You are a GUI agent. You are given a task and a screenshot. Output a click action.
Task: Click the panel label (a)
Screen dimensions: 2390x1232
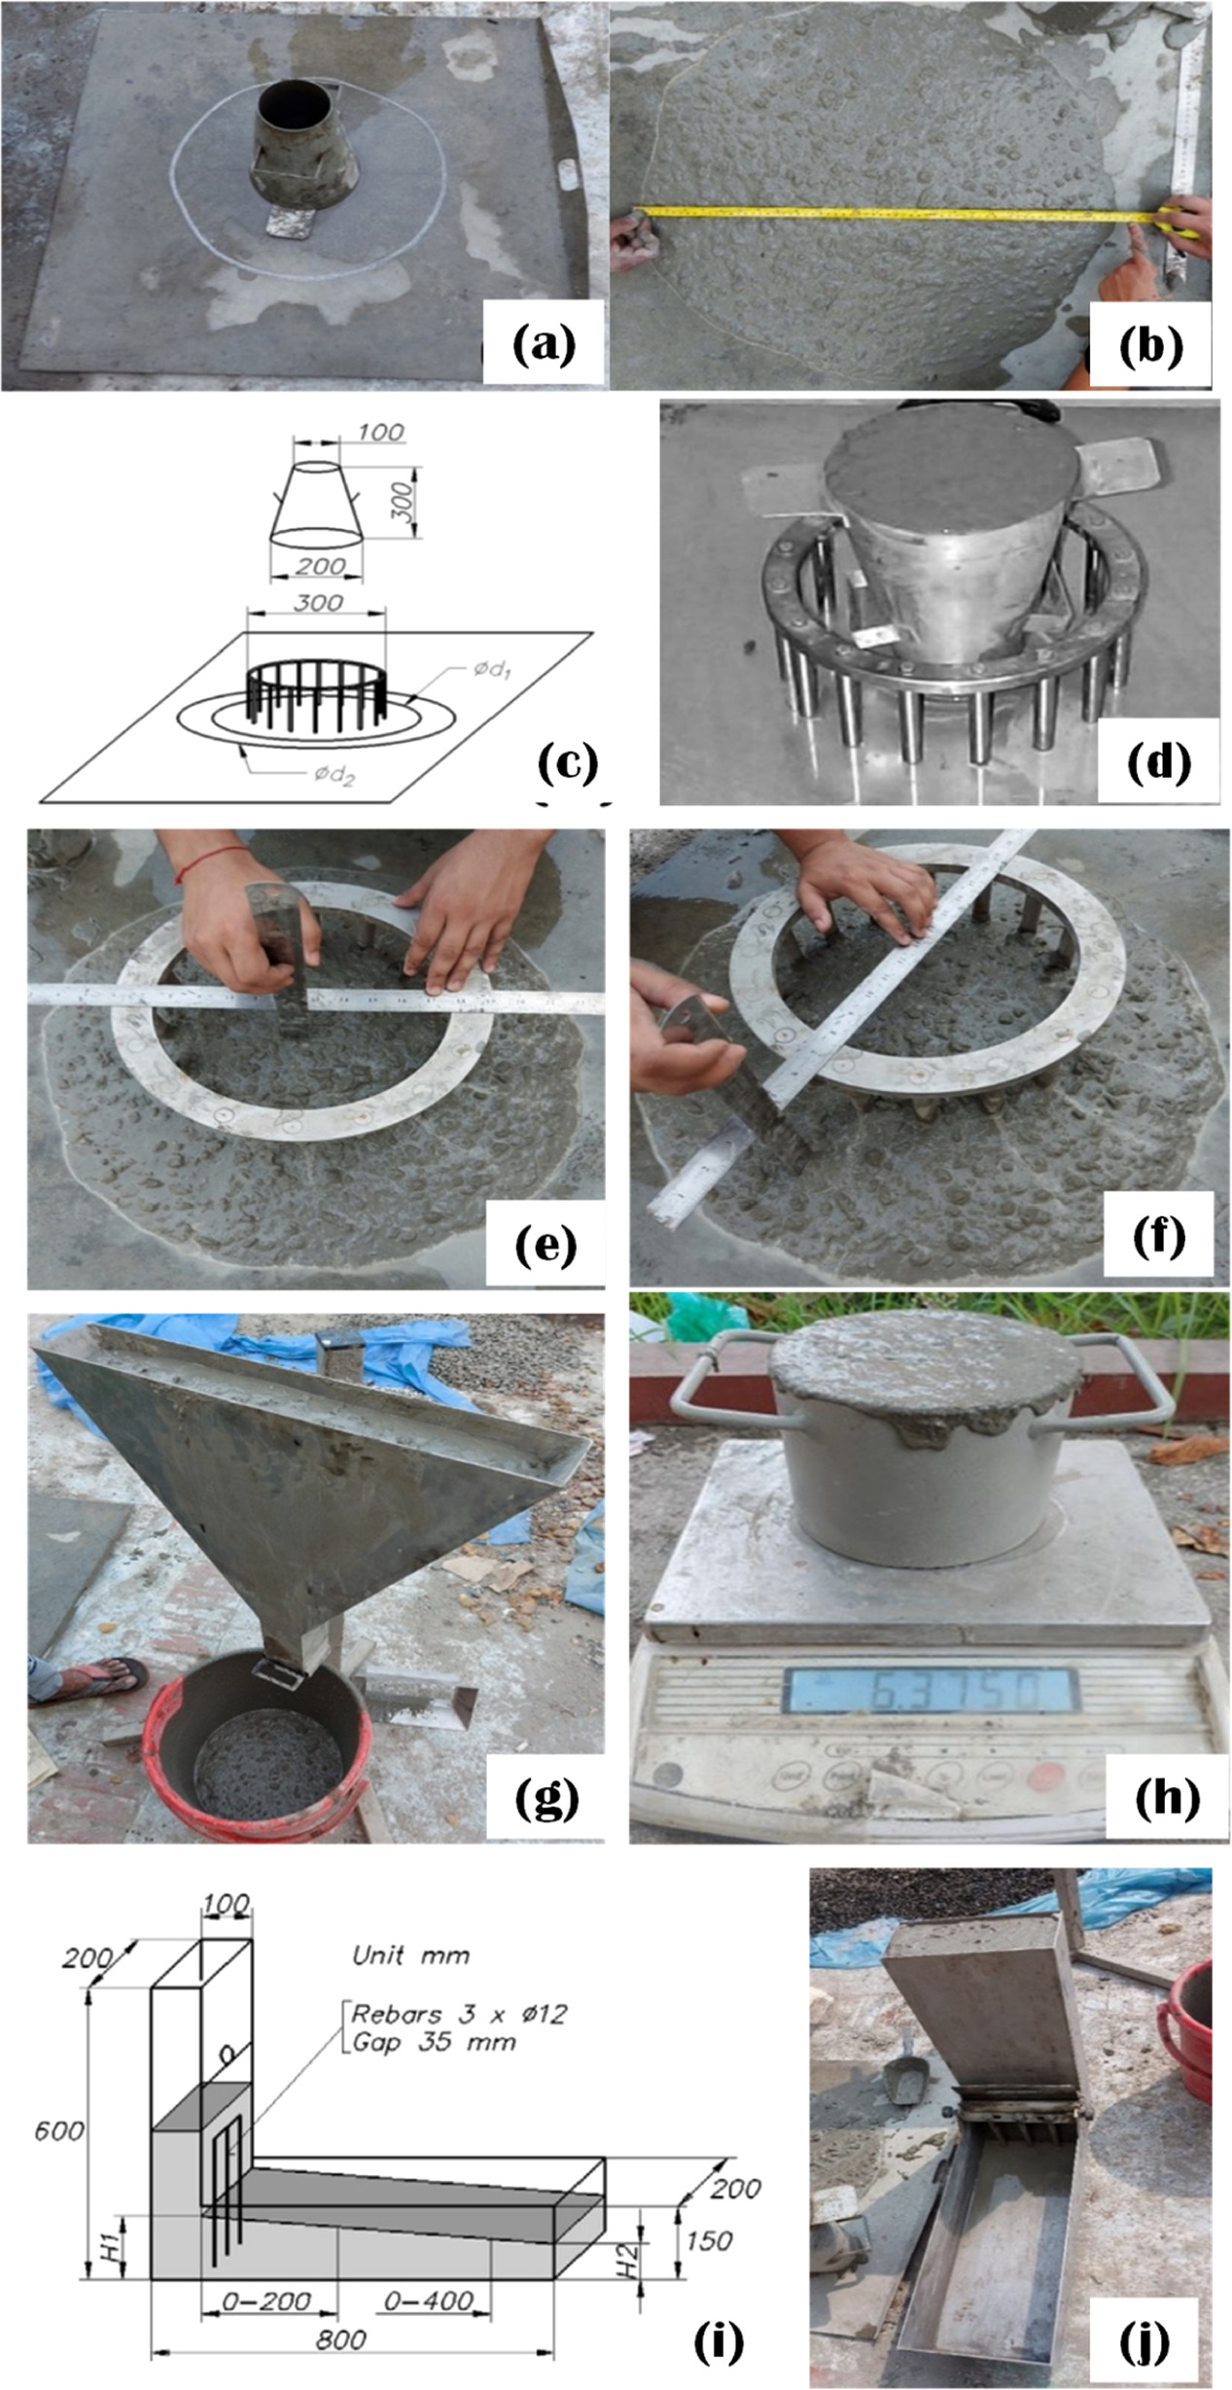[545, 345]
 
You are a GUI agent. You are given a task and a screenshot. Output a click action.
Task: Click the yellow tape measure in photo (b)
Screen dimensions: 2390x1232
[895, 211]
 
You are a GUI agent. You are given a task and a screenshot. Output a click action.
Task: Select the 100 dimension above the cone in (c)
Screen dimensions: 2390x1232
[379, 432]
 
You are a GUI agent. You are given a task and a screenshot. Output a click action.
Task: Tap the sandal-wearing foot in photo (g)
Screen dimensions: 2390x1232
[88, 1677]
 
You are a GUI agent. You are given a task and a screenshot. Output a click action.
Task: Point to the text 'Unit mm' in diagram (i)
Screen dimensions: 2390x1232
[410, 1954]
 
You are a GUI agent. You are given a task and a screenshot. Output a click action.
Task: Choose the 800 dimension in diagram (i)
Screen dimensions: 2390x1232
[340, 2339]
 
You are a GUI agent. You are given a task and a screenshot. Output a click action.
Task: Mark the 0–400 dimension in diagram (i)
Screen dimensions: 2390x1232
[428, 2301]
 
